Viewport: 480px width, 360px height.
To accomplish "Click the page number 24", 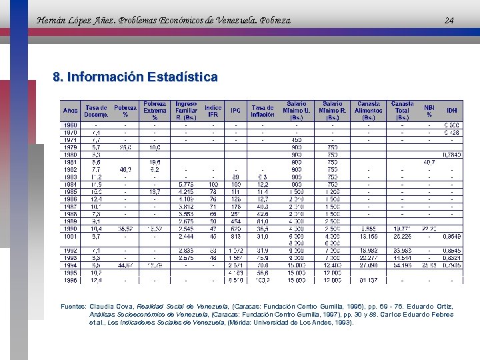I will [449, 21].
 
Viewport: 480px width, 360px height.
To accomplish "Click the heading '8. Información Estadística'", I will [135, 77].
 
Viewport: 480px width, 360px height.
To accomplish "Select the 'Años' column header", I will [70, 111].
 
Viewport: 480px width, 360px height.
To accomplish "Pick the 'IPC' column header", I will [236, 111].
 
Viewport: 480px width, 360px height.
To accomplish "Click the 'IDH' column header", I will [452, 111].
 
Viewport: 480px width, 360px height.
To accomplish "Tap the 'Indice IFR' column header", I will [213, 111].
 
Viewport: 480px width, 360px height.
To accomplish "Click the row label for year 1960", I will [70, 125].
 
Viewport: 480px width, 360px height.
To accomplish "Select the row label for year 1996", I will [70, 280].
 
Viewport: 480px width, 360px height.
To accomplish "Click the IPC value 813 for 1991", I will [236, 235].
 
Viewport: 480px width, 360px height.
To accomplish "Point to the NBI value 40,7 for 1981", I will [429, 162].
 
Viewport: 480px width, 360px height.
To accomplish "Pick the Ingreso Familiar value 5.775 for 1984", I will [186, 184].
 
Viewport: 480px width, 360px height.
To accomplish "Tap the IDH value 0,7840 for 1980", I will [452, 155].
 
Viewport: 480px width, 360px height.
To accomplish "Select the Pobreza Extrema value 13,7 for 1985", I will [154, 191].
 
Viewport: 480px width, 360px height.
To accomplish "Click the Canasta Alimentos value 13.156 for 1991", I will [369, 235].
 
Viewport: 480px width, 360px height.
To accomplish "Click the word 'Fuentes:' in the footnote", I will [73, 306].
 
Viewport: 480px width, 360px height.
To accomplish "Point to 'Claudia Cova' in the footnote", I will [109, 306].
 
